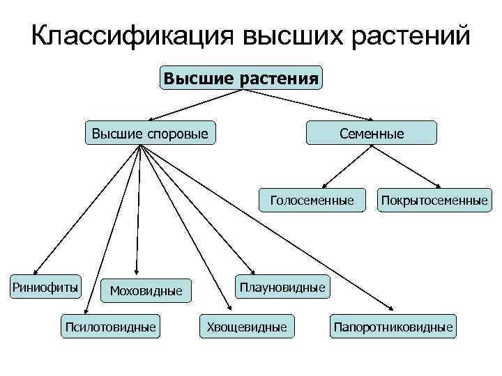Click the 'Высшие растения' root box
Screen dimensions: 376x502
242,77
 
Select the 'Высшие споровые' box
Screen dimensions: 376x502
151,132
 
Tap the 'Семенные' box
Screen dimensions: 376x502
372,132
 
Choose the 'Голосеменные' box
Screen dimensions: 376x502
312,201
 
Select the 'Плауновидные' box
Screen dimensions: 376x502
282,286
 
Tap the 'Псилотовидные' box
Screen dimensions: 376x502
110,327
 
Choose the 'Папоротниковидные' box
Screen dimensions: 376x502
393,327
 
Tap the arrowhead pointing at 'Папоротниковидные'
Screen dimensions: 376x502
391,310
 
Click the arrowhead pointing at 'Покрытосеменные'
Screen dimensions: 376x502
436,185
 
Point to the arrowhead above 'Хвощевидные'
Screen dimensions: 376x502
231,308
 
